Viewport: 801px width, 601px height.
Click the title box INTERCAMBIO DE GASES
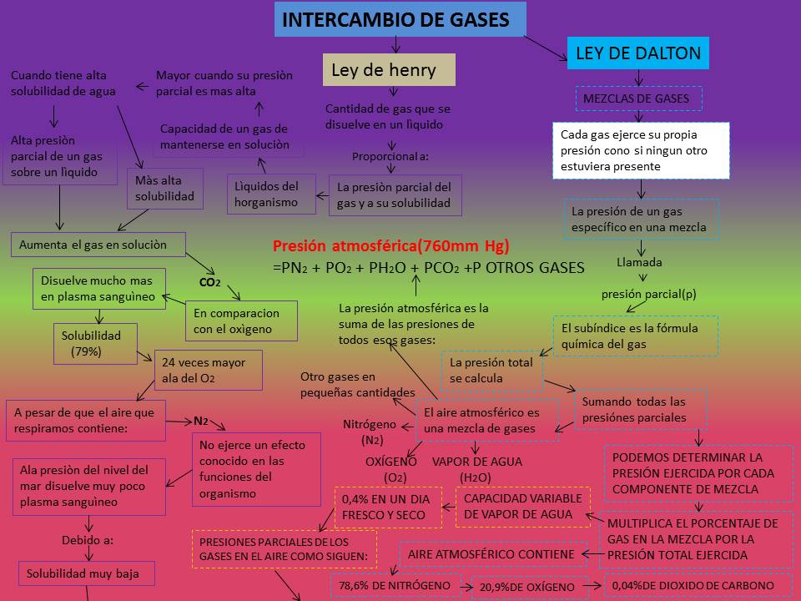point(400,20)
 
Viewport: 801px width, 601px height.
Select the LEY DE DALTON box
point(638,54)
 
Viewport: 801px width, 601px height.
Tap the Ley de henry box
point(389,70)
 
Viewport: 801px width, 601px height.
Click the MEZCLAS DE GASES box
point(638,98)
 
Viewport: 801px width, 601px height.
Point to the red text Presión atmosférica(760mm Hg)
point(390,246)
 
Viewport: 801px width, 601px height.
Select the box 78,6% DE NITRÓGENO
point(399,586)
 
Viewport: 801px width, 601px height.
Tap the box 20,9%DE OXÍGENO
point(526,588)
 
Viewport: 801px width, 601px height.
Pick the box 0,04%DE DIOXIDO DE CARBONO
point(698,585)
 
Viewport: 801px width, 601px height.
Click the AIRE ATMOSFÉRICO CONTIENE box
point(491,554)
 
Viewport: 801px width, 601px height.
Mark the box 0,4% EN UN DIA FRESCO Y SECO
point(386,507)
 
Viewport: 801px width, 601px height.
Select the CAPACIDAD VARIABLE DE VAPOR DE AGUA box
point(521,507)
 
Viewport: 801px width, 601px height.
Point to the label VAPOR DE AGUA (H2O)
point(476,469)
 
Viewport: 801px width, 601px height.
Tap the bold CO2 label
point(210,282)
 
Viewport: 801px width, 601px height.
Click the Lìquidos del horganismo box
point(271,194)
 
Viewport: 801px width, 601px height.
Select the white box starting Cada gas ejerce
point(640,150)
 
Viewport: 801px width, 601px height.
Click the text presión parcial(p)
point(648,294)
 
